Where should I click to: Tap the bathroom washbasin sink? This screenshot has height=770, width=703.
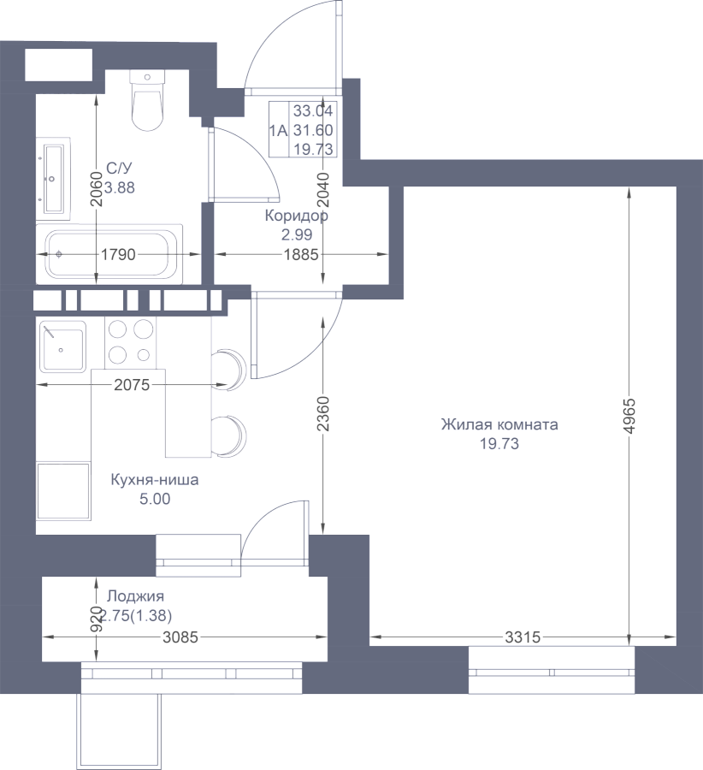54,179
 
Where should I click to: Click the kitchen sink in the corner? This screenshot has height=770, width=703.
62,346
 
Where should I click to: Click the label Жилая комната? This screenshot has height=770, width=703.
499,424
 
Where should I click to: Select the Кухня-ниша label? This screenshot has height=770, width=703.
155,480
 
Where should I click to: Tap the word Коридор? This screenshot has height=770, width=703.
297,216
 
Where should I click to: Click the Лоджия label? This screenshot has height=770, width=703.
135,596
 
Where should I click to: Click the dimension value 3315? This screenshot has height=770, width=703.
523,637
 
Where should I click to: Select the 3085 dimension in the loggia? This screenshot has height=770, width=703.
180,637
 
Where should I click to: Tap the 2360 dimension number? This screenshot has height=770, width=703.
323,413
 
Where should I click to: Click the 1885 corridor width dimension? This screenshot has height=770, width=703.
301,254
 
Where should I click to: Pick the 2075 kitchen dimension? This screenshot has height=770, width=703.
132,385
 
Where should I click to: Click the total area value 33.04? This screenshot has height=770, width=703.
313,111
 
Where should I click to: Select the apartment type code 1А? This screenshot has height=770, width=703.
278,130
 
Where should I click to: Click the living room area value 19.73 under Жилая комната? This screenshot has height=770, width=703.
499,444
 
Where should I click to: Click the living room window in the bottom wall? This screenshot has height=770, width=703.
552,670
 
